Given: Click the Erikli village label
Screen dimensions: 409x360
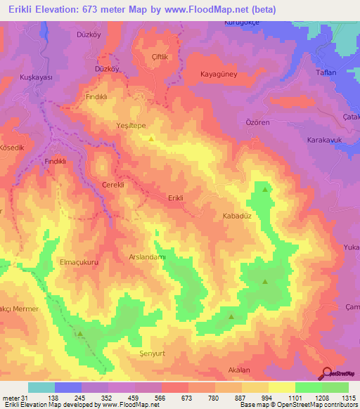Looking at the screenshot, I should (x=176, y=198).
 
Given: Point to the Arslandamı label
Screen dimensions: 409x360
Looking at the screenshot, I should (x=147, y=258).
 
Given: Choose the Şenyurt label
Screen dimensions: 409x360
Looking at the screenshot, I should (x=152, y=353).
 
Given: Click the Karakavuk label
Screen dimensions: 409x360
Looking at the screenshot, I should (x=324, y=140).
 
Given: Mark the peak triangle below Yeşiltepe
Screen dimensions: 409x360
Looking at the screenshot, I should (x=152, y=138).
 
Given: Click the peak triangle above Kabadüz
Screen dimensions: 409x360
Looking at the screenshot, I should (x=265, y=190).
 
